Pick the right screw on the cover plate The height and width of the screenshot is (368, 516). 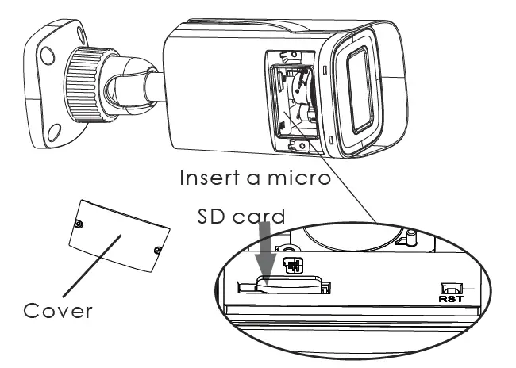157,251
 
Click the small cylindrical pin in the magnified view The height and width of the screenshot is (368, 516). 411,236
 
